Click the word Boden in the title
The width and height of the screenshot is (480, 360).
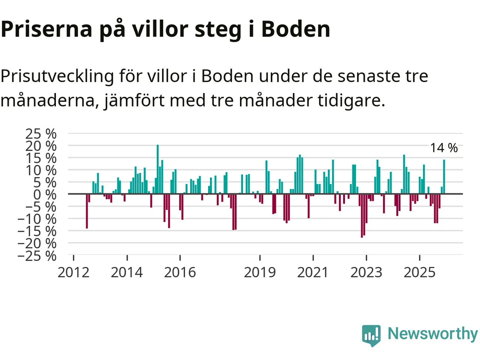click(295, 29)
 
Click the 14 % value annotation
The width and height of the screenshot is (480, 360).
click(444, 148)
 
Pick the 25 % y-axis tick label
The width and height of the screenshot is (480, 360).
click(41, 133)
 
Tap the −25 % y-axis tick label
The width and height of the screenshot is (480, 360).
click(37, 256)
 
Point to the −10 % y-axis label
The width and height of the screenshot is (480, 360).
click(37, 219)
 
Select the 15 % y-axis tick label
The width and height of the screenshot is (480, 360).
click(41, 158)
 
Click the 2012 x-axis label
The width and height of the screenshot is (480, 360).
click(73, 272)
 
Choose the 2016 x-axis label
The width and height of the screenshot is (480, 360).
click(180, 272)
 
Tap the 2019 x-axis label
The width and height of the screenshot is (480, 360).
click(260, 272)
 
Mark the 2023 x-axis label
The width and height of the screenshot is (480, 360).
click(366, 272)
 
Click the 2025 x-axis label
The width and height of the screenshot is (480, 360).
click(420, 272)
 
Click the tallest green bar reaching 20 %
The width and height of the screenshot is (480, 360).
click(157, 169)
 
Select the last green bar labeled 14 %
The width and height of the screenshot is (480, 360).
click(444, 177)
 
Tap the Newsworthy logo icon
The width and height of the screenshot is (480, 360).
click(371, 335)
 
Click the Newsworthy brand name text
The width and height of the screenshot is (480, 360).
click(432, 334)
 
